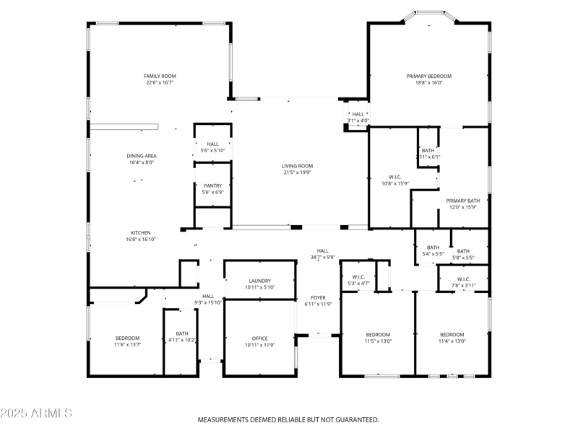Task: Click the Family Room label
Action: click(160, 76)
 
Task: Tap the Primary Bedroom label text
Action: click(428, 76)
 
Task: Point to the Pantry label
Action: click(212, 185)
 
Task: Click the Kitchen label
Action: click(140, 232)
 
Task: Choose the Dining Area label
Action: click(142, 156)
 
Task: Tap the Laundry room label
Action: click(259, 281)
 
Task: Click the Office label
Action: click(259, 338)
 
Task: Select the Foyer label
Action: click(318, 297)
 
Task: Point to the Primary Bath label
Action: click(462, 201)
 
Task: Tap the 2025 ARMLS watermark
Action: click(36, 414)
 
